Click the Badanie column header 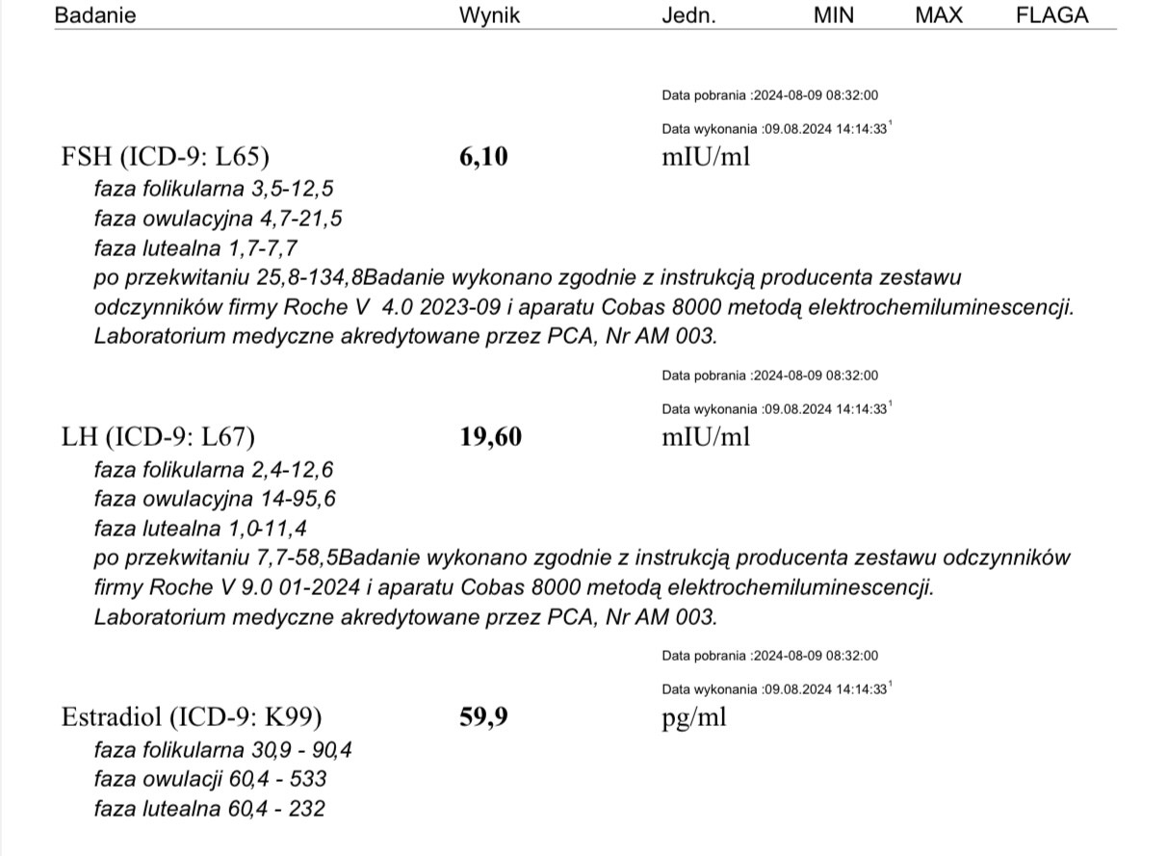[x=95, y=15]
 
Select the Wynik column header [x=489, y=15]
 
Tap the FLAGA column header [x=1052, y=15]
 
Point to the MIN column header [x=833, y=15]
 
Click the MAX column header [x=938, y=15]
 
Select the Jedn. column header [x=688, y=15]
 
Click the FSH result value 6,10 [x=483, y=157]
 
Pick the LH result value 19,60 [x=491, y=437]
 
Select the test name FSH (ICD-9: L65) [x=165, y=157]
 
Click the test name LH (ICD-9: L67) [x=158, y=437]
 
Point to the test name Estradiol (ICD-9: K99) [x=192, y=717]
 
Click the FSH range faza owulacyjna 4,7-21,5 [x=218, y=219]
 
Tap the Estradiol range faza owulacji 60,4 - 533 [x=211, y=778]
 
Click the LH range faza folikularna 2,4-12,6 [x=215, y=469]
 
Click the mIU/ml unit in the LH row [x=705, y=437]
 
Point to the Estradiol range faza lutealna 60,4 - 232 [x=209, y=809]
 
